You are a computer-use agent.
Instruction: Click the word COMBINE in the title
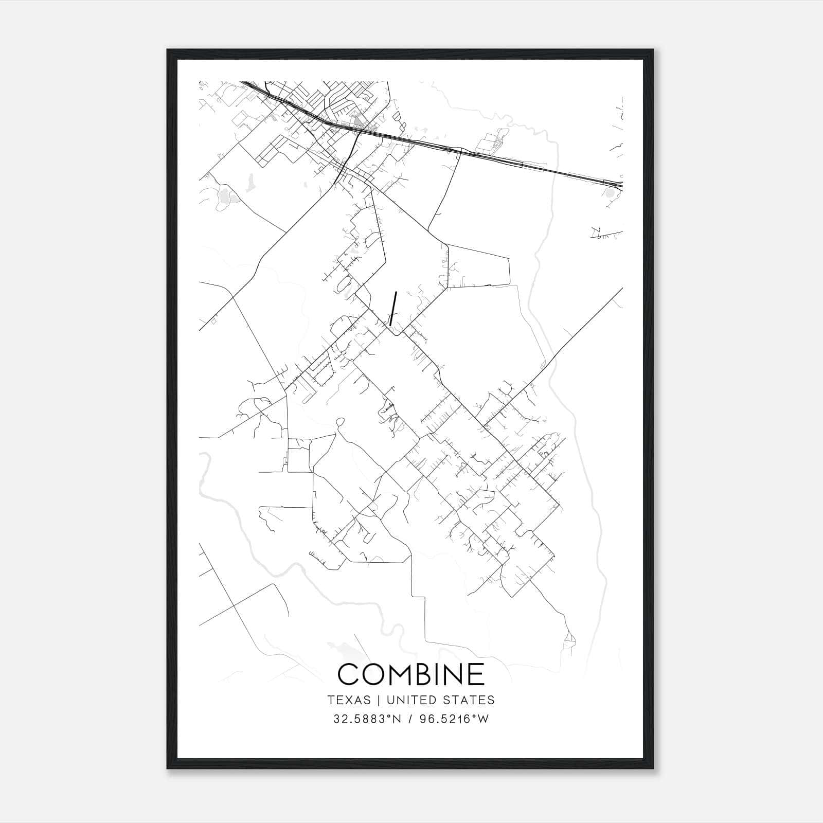[x=411, y=674]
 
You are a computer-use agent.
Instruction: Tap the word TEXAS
[x=349, y=700]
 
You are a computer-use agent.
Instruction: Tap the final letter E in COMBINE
[x=478, y=674]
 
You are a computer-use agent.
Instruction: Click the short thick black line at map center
[x=393, y=308]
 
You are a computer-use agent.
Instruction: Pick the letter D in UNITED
[x=431, y=700]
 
